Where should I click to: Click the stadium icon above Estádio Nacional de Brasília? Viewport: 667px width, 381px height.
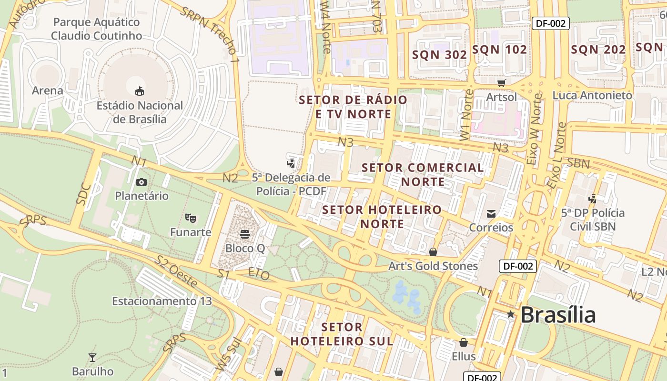click(140, 90)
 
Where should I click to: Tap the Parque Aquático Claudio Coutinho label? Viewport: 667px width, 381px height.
click(96, 29)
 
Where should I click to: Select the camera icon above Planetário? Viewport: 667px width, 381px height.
click(141, 182)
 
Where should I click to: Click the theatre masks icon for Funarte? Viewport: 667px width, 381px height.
click(191, 218)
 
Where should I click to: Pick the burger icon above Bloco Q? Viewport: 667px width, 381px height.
click(245, 234)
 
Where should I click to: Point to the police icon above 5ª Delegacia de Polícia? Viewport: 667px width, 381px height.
click(291, 164)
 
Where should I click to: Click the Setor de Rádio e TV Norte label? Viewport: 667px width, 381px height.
click(353, 107)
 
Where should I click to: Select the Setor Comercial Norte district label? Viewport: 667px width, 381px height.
click(423, 174)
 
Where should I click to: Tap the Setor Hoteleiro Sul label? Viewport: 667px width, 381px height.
click(342, 334)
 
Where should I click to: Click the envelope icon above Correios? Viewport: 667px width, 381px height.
click(491, 214)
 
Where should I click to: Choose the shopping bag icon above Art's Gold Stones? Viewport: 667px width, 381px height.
click(433, 251)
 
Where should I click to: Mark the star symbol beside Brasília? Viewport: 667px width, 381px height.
click(511, 314)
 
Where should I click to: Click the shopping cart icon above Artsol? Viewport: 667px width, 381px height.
click(501, 83)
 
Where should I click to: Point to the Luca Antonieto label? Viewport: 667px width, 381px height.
click(592, 95)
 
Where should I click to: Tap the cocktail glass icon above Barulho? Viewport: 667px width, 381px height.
click(92, 358)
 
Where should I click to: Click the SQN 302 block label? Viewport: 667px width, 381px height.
click(439, 55)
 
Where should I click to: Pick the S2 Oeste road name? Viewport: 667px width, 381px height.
click(176, 271)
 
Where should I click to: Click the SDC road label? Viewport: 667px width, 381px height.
click(83, 193)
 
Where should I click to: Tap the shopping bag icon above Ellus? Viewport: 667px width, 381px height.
click(464, 342)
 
